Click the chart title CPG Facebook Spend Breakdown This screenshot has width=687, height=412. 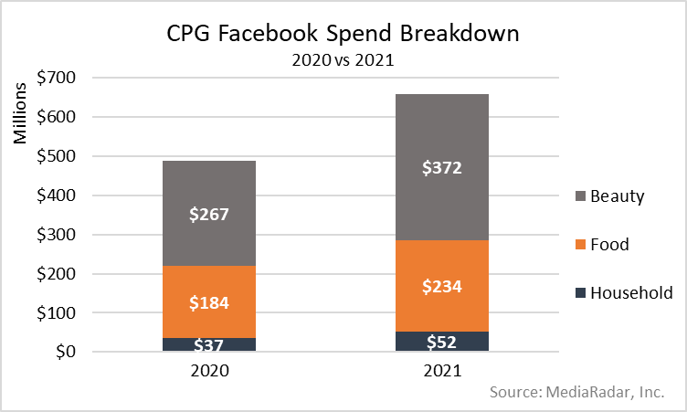343,34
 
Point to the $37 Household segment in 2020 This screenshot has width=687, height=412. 208,344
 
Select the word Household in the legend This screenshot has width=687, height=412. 631,292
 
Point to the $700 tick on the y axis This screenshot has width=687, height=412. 58,79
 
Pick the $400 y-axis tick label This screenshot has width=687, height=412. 58,195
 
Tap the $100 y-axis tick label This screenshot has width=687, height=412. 58,312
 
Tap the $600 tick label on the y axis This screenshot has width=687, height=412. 58,118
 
